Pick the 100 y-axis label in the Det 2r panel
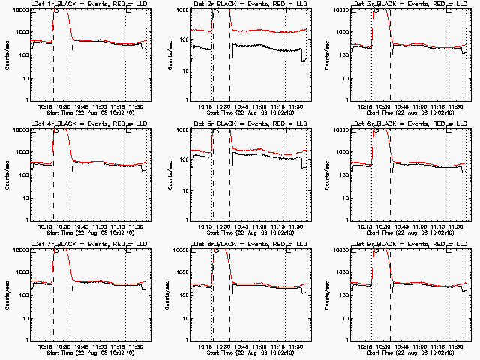[181, 55]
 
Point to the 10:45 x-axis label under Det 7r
[80, 346]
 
